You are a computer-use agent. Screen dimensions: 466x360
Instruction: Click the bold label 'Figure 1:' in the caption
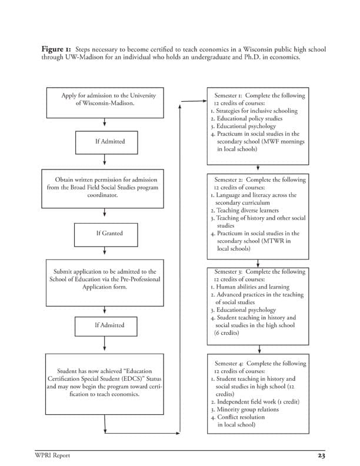(56, 49)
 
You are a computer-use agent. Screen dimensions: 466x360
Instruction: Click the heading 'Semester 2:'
(229, 179)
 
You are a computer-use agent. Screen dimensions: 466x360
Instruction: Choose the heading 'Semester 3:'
(229, 272)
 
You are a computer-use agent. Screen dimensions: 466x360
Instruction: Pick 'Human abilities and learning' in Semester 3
(249, 287)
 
